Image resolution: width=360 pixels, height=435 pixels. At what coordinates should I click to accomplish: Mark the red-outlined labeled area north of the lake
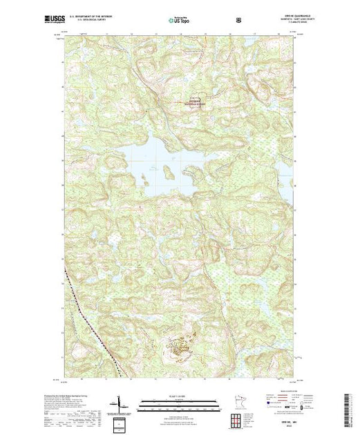coord(195,104)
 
